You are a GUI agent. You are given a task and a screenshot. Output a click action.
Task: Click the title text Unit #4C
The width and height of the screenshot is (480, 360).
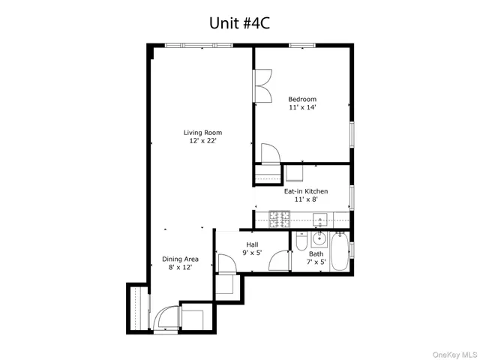pos(239,23)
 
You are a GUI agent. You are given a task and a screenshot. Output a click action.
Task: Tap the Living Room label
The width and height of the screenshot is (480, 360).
pos(203,133)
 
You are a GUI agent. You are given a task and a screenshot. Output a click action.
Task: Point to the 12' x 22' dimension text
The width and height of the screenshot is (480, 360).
pos(203,141)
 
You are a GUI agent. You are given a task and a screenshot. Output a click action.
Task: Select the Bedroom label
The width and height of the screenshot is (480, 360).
pos(302,99)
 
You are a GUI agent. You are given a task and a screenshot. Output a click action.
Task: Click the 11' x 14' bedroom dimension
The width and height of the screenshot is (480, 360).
pos(302,107)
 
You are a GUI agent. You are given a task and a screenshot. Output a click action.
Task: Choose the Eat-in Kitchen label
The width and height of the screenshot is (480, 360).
pos(305,191)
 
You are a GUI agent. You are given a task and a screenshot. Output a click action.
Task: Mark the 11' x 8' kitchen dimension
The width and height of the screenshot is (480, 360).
pos(305,200)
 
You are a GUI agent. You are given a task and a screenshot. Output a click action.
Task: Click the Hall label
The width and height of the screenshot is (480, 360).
pos(253,244)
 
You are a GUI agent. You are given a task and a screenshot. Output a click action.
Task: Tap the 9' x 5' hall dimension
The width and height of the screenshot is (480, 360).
pos(253,253)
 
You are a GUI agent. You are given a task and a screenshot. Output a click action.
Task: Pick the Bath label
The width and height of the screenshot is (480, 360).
pos(316,253)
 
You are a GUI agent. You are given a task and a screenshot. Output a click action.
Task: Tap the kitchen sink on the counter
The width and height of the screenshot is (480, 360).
pos(318,220)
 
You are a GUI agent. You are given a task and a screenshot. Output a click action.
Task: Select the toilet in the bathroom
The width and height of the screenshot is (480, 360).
pos(301,241)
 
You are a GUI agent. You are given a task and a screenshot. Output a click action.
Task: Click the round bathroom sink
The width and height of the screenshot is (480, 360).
pos(319,241)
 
